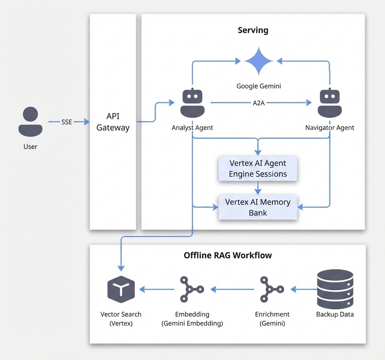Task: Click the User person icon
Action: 30,122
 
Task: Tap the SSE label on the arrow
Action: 67,122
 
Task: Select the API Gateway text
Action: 113,122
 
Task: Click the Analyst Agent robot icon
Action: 192,103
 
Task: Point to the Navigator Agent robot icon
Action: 329,103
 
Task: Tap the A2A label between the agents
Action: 259,103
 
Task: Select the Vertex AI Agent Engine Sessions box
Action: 258,168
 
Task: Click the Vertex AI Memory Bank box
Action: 258,207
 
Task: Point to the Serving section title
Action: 253,30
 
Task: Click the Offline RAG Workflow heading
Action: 228,255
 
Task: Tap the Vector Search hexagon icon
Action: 121,290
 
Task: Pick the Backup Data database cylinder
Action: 335,289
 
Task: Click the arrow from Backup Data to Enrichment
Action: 304,289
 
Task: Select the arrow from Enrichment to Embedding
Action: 233,289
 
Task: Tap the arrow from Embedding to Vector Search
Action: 157,289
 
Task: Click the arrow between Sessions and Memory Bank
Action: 258,188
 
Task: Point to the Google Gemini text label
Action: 259,86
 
